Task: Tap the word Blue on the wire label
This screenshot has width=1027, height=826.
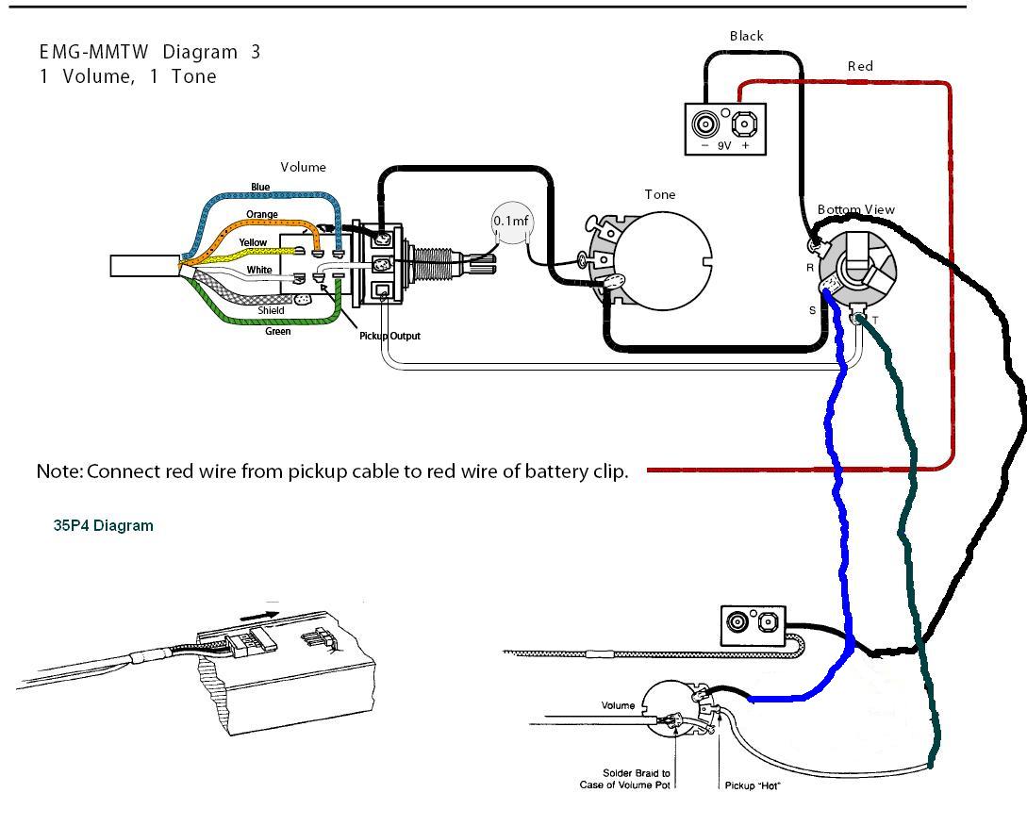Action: click(260, 187)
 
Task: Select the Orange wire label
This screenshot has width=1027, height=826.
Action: click(262, 214)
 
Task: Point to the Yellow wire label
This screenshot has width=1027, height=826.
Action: click(253, 242)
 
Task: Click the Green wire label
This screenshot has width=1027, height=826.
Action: click(278, 331)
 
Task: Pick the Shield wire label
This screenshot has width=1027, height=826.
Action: click(272, 310)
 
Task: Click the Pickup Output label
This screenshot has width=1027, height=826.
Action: click(390, 336)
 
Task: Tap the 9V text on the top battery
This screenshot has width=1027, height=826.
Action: click(724, 146)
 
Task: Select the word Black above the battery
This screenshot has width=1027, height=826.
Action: click(746, 36)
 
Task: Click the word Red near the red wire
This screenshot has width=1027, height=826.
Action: click(860, 66)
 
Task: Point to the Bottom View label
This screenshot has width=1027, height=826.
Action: click(855, 209)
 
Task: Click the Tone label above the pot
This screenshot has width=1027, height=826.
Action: click(660, 194)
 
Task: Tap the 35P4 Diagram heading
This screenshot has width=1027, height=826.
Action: click(103, 525)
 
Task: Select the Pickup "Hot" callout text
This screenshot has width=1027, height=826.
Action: click(752, 785)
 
